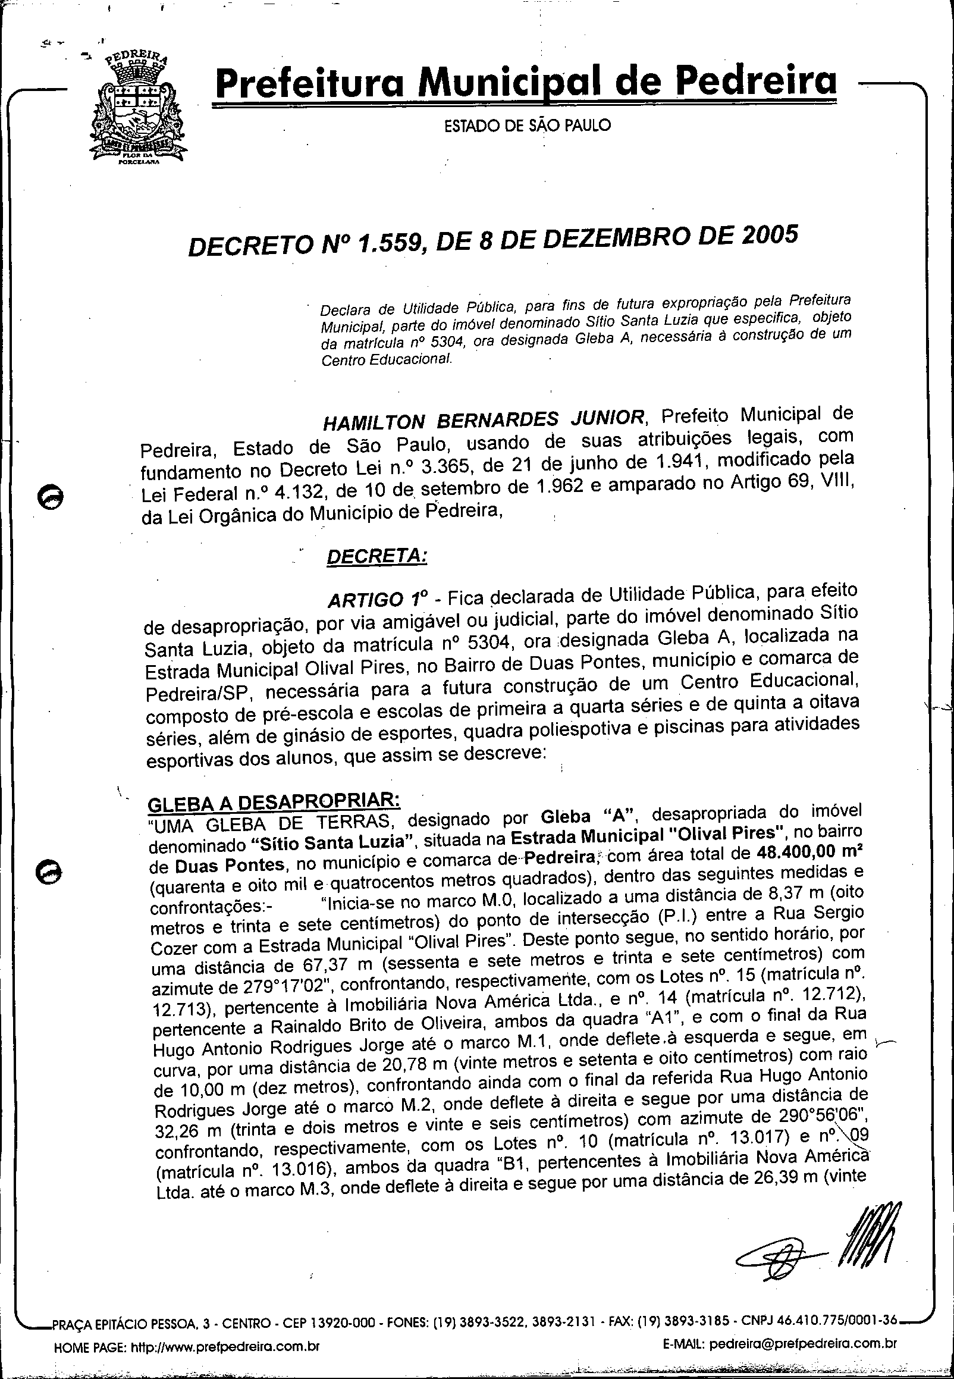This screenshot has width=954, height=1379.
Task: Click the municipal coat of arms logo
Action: [136, 111]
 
